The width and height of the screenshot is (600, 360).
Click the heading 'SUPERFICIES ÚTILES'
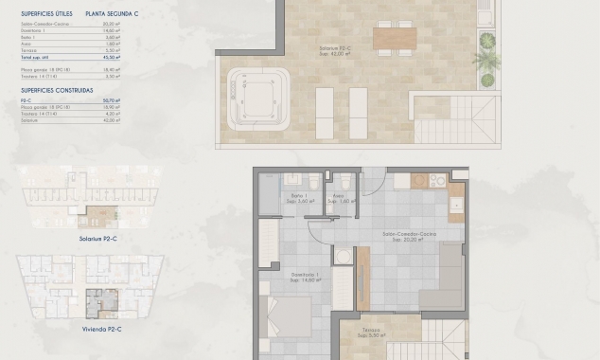pos(45,15)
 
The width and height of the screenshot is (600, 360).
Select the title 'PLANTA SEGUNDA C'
pos(111,15)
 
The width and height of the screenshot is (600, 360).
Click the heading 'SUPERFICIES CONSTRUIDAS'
pos(56,90)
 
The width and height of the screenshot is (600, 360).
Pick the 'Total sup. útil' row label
pos(34,58)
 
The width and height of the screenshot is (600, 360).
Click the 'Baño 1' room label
pos(299,198)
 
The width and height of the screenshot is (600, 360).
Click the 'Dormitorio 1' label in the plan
pos(305,276)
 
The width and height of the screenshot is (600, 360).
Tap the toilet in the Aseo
pos(345,180)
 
